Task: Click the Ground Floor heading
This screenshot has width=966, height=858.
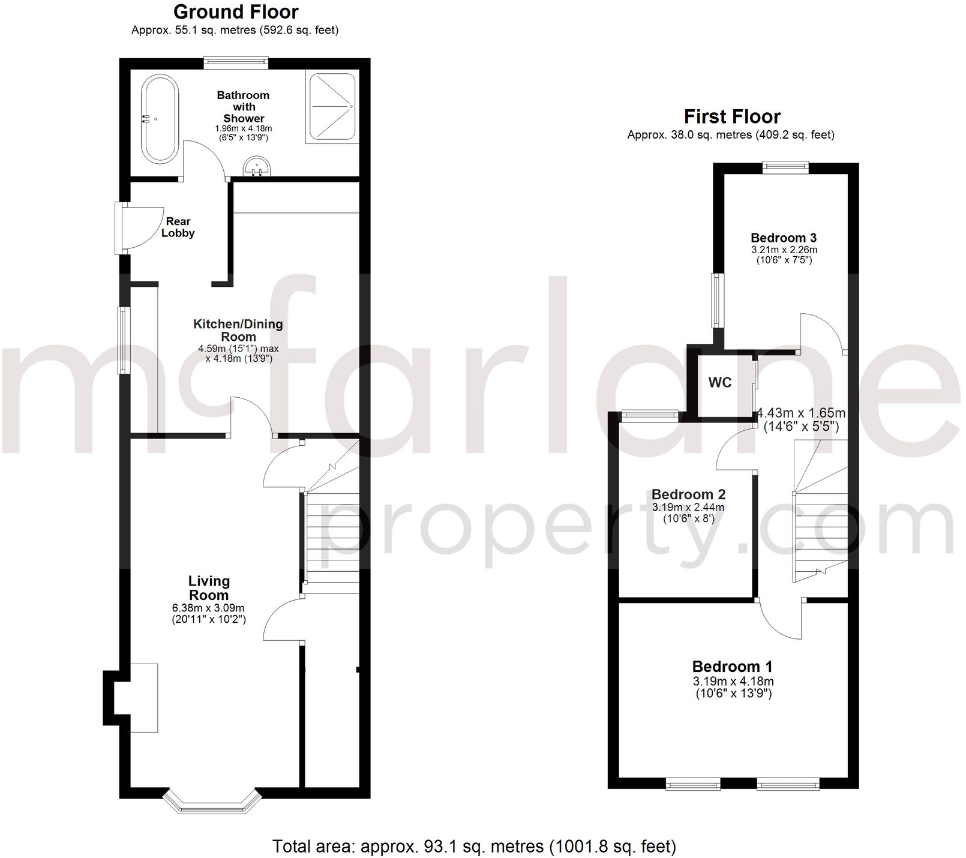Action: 236,12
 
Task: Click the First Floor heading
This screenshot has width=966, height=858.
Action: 732,116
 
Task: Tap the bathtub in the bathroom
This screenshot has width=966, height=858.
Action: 160,119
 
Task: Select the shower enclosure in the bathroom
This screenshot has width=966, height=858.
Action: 331,106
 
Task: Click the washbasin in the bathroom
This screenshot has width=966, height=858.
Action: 257,167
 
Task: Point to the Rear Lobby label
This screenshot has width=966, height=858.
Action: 178,227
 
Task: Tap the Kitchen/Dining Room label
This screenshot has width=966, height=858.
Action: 238,330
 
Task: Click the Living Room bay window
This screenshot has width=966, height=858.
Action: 212,804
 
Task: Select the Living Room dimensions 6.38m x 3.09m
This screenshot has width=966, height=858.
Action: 208,608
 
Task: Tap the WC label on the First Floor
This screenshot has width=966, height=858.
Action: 720,383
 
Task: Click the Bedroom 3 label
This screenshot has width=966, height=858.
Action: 783,238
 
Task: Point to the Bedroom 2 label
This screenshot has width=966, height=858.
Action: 688,494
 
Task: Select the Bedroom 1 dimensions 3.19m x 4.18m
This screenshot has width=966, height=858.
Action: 733,682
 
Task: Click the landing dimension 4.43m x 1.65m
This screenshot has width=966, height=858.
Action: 801,413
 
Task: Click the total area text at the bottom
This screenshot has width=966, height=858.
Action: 474,846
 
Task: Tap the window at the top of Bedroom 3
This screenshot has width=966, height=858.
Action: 785,167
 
